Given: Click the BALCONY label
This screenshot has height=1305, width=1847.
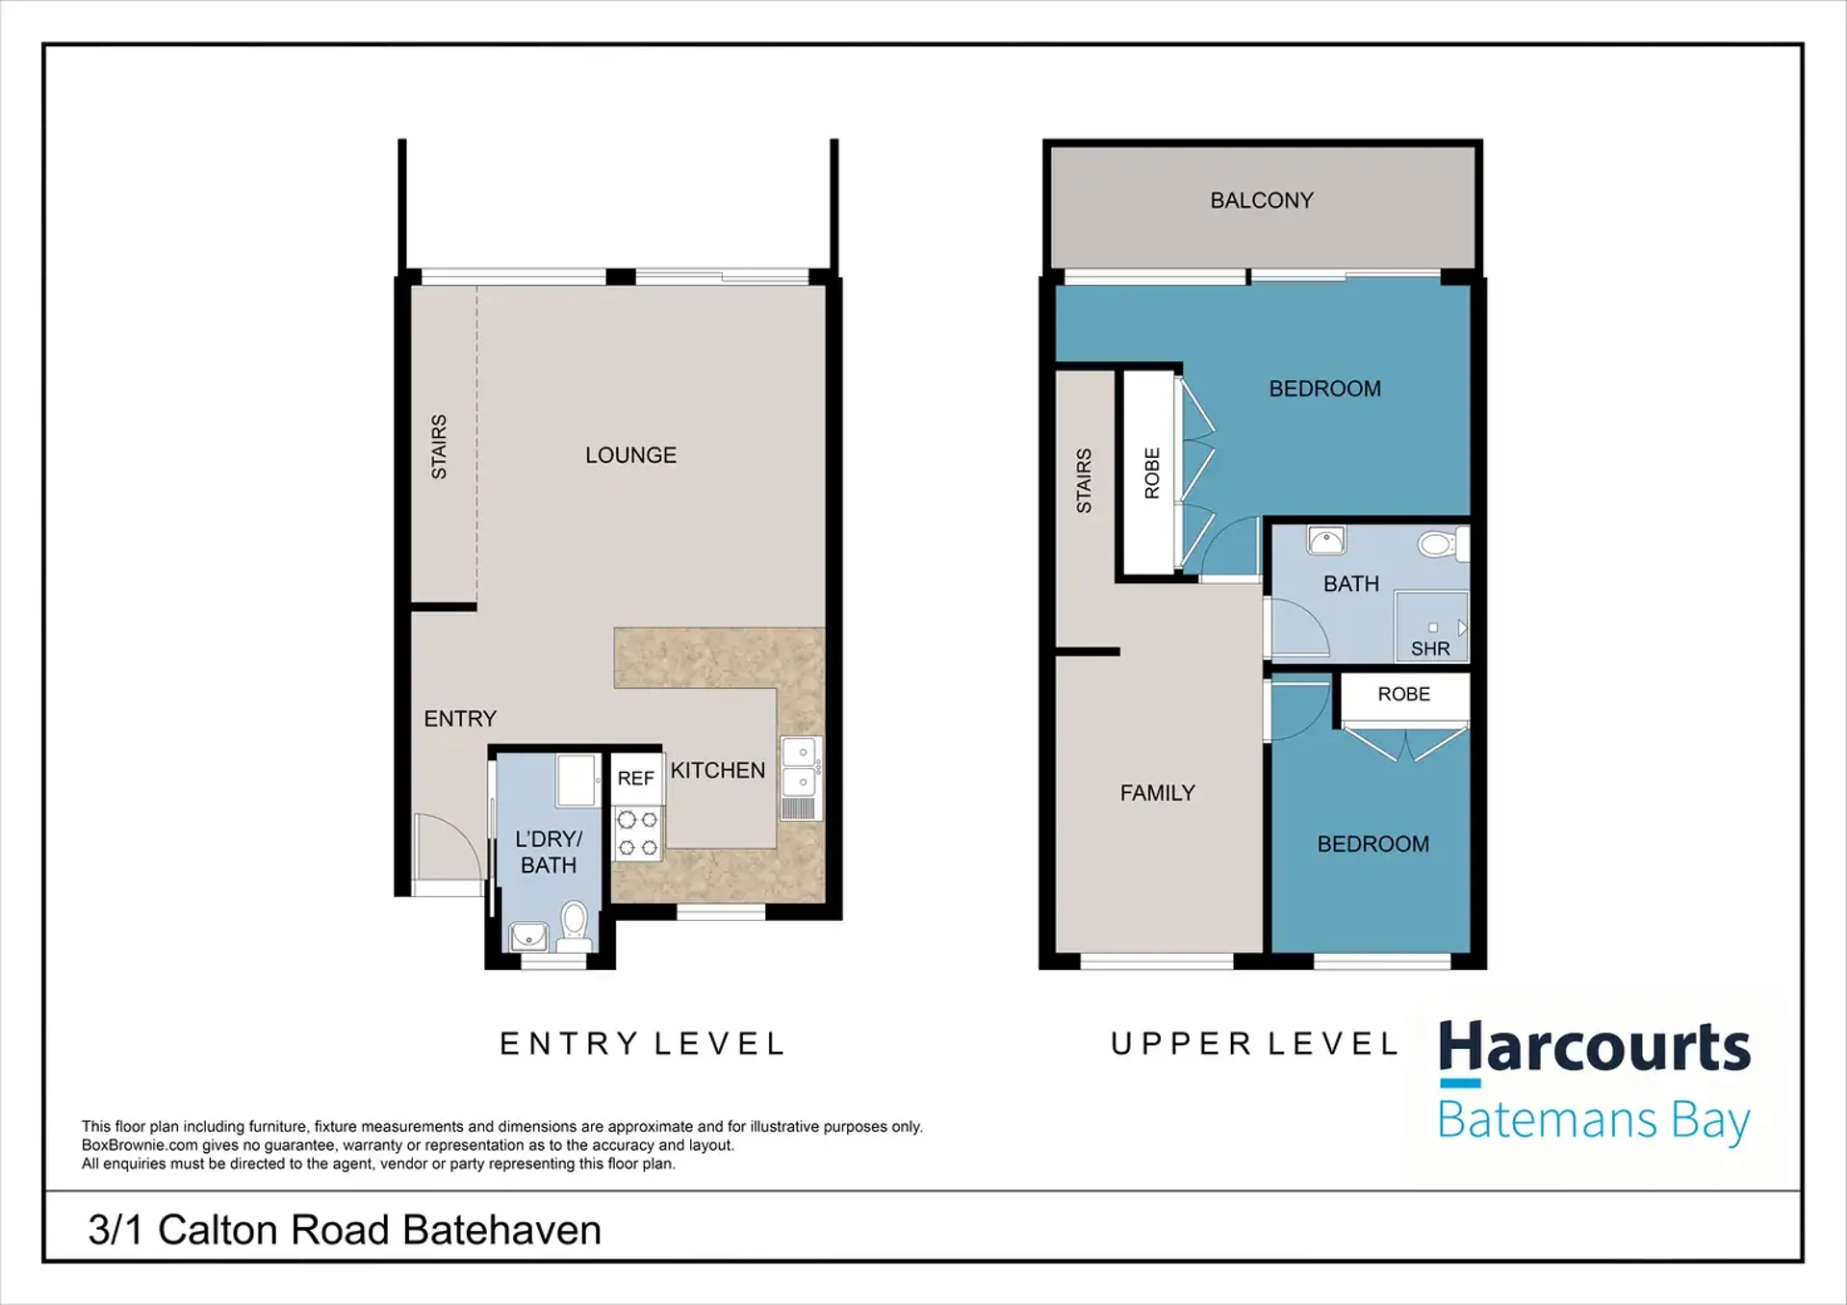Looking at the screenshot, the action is [1261, 200].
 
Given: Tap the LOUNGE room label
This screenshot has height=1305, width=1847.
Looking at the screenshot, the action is [630, 455].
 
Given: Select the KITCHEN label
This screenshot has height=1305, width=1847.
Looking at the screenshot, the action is [718, 771].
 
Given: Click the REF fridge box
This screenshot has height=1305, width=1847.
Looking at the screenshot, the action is [636, 778].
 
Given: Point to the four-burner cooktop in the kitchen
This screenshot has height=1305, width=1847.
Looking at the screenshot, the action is [637, 833].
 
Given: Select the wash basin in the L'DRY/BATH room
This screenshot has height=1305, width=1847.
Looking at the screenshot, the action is [528, 935].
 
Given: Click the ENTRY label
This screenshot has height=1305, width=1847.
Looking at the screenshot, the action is [460, 719].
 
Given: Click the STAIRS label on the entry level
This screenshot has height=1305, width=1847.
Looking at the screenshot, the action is [439, 447].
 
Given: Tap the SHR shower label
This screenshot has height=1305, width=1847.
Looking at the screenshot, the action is [1430, 649].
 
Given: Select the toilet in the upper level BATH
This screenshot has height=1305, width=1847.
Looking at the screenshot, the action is [1441, 544].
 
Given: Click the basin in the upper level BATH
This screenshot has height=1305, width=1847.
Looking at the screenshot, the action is [1326, 541].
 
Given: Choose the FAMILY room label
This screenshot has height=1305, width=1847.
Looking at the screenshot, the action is [1158, 793].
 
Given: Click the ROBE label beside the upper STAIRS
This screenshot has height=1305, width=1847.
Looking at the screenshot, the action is [1152, 473].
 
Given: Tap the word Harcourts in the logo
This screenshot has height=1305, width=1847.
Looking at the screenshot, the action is [1595, 1048].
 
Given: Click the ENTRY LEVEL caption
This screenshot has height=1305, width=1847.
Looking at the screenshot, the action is [643, 1044].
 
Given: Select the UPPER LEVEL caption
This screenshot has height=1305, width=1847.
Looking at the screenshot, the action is [1254, 1044].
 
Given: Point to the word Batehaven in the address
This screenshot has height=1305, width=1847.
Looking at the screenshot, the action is [501, 1230].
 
